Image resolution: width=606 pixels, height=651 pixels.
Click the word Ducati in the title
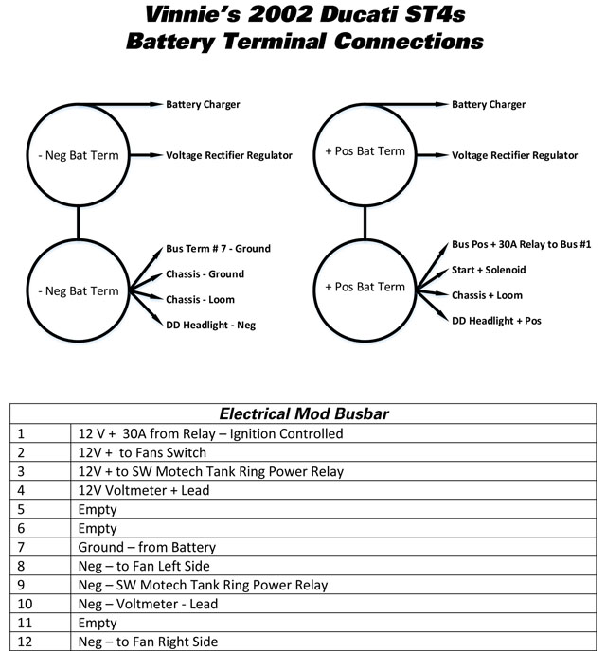[358, 14]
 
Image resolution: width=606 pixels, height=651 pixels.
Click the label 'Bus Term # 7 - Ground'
[218, 249]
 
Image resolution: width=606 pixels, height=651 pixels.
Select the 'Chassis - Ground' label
[205, 274]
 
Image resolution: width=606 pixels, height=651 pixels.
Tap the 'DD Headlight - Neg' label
[210, 325]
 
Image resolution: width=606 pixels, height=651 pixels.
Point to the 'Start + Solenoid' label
[489, 270]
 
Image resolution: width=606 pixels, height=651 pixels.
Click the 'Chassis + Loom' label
[487, 295]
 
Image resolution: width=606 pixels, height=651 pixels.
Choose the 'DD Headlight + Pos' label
[496, 321]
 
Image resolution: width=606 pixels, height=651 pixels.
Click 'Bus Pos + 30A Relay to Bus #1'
[521, 244]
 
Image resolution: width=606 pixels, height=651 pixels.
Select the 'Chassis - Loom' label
[200, 299]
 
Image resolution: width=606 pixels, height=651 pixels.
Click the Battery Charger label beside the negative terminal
[203, 104]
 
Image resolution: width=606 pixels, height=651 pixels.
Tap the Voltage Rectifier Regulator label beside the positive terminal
[514, 155]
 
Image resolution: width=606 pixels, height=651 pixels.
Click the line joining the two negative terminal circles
[78, 222]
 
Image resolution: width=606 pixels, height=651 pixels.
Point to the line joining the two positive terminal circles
[365, 222]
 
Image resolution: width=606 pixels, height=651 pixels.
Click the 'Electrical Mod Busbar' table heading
[304, 413]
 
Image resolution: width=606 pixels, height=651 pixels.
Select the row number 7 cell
[41, 547]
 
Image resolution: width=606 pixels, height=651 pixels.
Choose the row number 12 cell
[41, 642]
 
